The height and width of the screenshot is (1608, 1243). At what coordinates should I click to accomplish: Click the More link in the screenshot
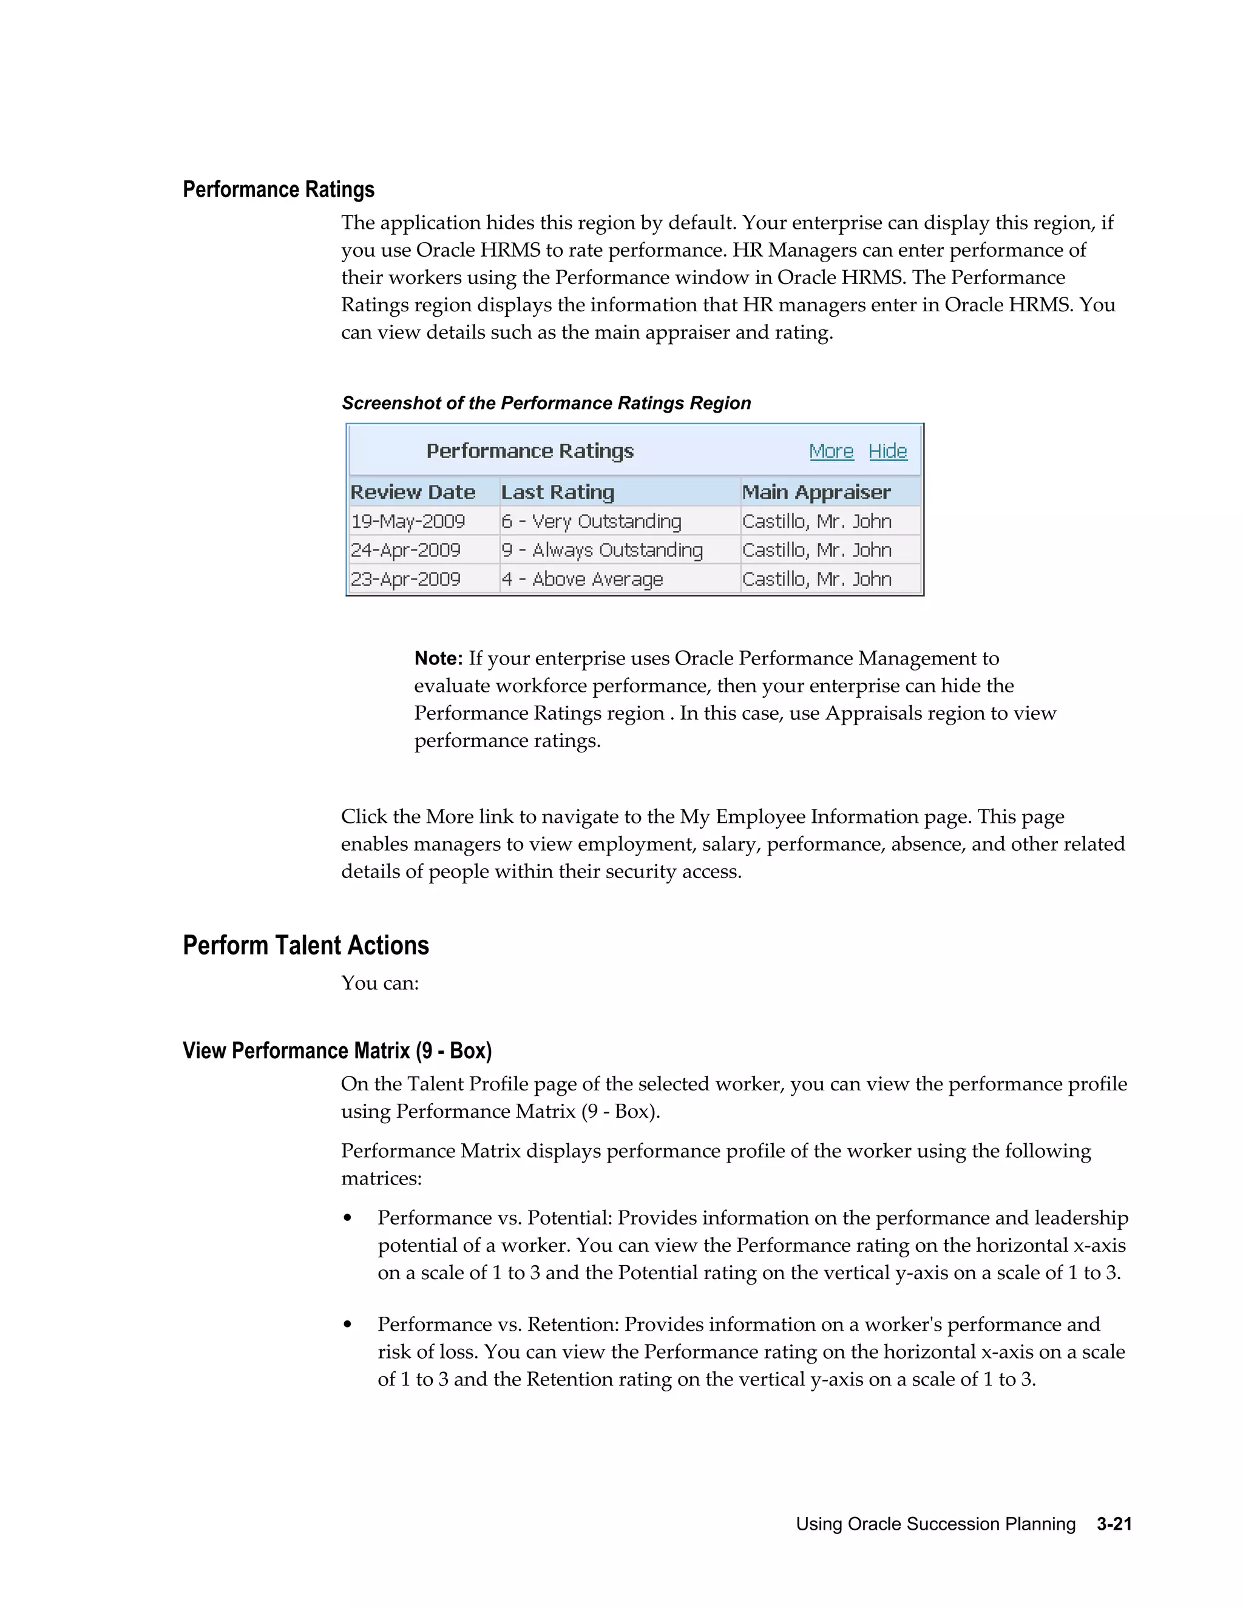click(831, 451)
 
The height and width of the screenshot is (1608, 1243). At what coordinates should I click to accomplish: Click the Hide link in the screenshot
click(887, 451)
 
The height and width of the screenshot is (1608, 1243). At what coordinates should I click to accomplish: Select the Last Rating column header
click(557, 492)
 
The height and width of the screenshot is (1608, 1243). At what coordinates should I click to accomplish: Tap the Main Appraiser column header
click(816, 492)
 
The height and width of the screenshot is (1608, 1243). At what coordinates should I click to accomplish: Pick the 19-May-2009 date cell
click(408, 521)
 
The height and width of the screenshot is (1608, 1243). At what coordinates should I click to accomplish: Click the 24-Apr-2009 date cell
click(406, 550)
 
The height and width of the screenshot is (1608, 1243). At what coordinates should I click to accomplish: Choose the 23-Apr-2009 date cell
click(406, 579)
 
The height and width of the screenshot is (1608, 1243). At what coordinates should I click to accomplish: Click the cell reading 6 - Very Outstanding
click(591, 521)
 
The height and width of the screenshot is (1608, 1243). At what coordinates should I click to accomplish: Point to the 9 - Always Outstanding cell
click(601, 550)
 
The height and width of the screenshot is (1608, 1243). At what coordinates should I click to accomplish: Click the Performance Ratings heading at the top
click(279, 190)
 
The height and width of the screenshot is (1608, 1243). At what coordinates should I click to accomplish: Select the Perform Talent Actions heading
click(306, 945)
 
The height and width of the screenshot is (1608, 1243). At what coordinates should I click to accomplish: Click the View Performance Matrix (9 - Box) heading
click(336, 1050)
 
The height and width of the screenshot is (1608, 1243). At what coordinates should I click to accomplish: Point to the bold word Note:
click(438, 658)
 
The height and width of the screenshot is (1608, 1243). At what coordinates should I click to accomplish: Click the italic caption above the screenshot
click(546, 404)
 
